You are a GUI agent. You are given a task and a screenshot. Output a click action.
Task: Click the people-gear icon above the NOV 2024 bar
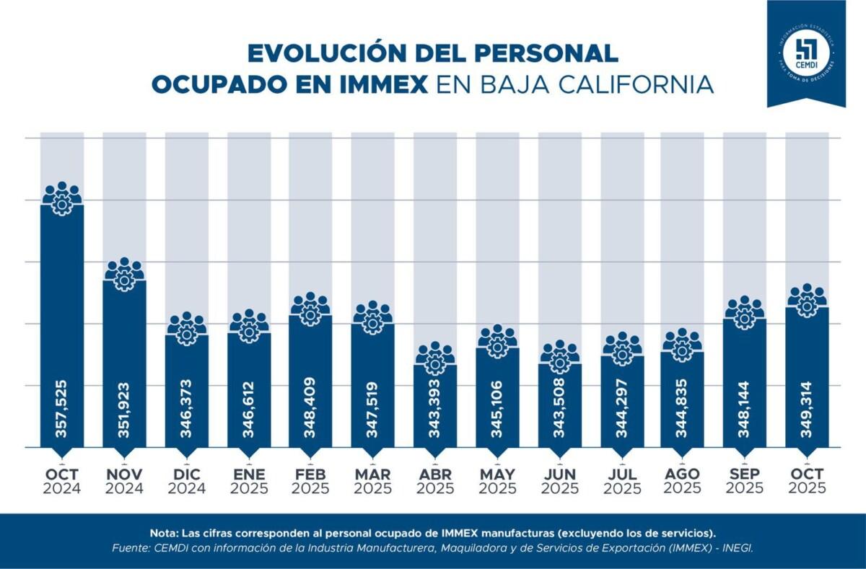pyautogui.click(x=124, y=274)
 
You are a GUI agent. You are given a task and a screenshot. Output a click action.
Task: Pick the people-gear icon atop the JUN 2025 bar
pyautogui.click(x=560, y=357)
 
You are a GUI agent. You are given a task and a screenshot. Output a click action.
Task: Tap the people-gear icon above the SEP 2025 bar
pyautogui.click(x=745, y=312)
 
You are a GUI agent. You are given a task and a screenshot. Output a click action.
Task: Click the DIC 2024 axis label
pyautogui.click(x=186, y=481)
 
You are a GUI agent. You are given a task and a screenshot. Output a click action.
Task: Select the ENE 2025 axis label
pyautogui.click(x=249, y=481)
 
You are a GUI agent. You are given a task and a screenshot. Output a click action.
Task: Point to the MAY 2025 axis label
pyautogui.click(x=497, y=481)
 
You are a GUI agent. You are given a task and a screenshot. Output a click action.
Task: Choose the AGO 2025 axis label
pyautogui.click(x=682, y=481)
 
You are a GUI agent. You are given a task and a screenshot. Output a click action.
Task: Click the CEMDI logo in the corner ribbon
pyautogui.click(x=806, y=52)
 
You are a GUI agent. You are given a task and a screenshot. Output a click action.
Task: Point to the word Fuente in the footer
pyautogui.click(x=131, y=549)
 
